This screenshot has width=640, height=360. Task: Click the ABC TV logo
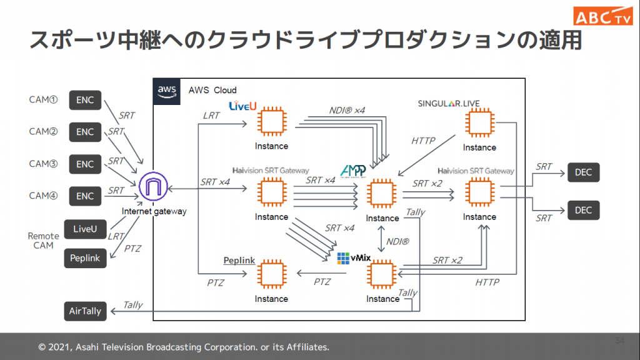click(x=604, y=16)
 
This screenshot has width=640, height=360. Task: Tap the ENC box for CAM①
click(x=85, y=100)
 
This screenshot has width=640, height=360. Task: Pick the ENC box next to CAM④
click(x=85, y=196)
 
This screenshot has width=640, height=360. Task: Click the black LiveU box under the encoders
click(x=85, y=229)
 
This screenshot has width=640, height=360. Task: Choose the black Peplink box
click(x=85, y=258)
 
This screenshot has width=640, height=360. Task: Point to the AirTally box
click(x=85, y=311)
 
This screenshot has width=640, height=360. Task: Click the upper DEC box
click(x=583, y=172)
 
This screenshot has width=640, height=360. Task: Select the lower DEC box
click(x=583, y=211)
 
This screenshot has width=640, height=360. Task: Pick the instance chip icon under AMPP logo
click(x=382, y=194)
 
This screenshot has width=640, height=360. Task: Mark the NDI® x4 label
click(x=347, y=110)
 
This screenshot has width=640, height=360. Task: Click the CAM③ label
click(x=44, y=164)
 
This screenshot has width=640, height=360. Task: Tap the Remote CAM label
click(x=44, y=241)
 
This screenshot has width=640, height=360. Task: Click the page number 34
click(x=619, y=341)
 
